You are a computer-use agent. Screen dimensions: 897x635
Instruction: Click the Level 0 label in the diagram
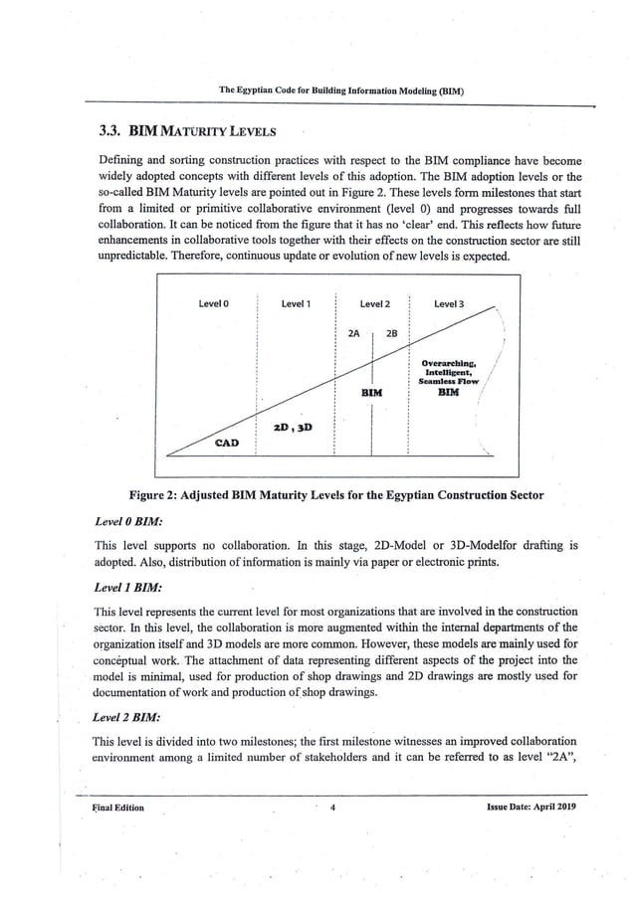click(x=214, y=303)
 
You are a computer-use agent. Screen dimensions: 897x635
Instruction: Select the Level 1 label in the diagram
click(x=296, y=303)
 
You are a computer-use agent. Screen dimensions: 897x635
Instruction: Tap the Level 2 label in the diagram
click(x=373, y=303)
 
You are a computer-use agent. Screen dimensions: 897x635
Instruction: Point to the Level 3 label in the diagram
click(x=449, y=303)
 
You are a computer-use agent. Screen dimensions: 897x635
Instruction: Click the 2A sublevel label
click(x=353, y=333)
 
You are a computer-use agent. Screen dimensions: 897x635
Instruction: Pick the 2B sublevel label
click(x=391, y=333)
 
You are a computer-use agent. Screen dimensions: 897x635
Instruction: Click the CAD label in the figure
click(x=227, y=443)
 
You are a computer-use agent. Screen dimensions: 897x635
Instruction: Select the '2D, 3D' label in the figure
click(x=293, y=428)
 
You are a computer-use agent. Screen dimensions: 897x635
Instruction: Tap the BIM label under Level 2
click(x=372, y=394)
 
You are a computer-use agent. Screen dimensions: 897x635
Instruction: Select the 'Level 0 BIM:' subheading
click(x=128, y=522)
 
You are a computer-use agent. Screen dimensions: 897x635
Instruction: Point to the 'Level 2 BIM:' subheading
click(x=128, y=716)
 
